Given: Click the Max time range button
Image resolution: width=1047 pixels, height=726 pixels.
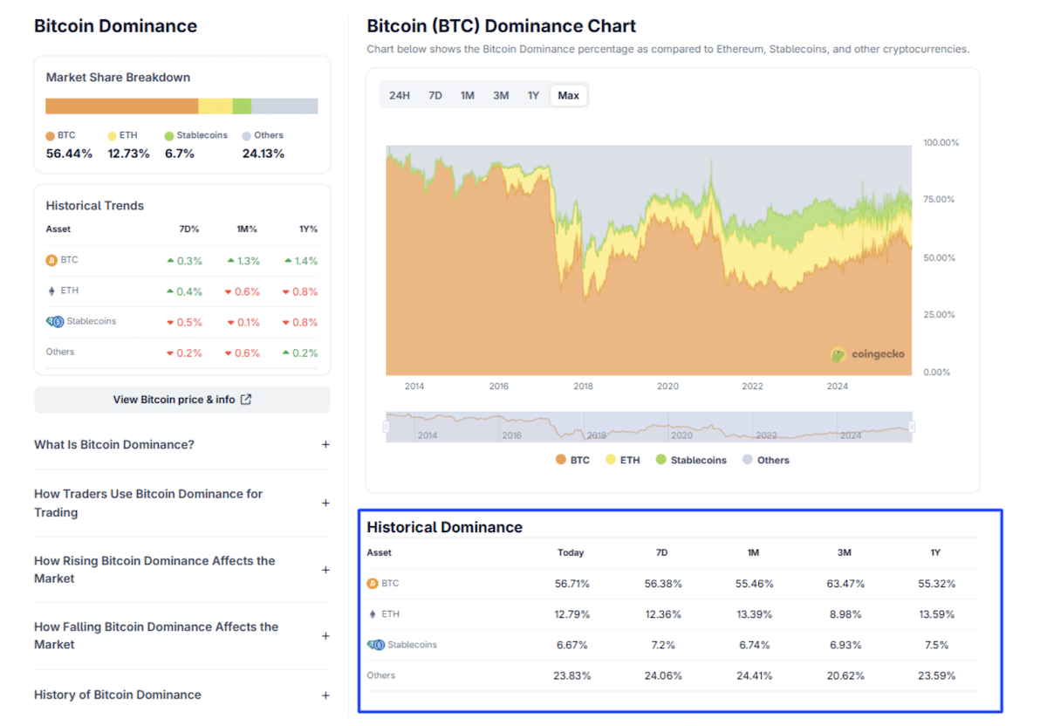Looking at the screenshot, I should tap(568, 95).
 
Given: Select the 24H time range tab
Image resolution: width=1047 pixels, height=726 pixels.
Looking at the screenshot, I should tap(399, 95).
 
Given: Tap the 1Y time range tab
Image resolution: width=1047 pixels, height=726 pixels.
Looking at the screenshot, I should tap(533, 95).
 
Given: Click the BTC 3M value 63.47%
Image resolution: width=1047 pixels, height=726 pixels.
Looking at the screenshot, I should tap(844, 584).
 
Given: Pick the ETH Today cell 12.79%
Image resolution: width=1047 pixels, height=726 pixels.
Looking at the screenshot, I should tap(571, 614).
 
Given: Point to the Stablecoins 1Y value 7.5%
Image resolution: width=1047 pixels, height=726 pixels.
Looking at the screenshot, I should tap(935, 645).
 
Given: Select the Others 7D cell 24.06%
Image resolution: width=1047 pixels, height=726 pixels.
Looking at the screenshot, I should tap(663, 675).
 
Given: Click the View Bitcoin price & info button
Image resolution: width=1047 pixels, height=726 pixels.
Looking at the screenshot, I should tap(182, 400).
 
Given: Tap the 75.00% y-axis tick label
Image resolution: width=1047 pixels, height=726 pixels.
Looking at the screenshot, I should tap(941, 200).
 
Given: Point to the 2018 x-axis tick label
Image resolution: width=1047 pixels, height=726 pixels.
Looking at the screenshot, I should tap(583, 387).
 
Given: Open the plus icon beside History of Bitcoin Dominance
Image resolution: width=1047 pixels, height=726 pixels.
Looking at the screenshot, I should tap(325, 695).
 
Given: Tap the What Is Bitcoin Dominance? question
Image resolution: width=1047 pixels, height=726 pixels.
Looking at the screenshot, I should tap(114, 444).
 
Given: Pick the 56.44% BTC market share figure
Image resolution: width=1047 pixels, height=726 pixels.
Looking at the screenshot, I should tap(69, 154).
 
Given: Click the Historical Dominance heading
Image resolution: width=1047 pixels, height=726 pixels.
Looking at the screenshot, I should tap(444, 527).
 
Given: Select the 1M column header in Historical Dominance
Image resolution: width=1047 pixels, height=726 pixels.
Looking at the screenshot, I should tap(754, 552).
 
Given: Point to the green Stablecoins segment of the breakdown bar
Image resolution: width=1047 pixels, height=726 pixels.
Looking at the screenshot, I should tap(242, 106).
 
